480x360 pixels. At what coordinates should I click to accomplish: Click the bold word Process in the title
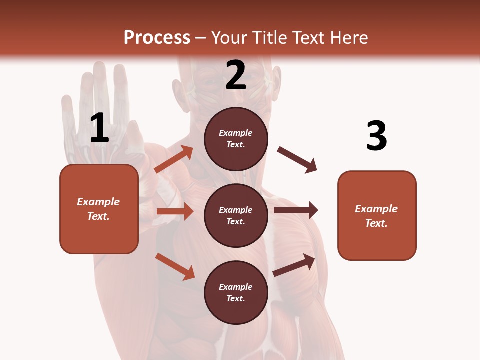coord(157,37)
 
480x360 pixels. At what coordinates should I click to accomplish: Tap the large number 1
coord(99,128)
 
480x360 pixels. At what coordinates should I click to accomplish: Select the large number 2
coord(236,75)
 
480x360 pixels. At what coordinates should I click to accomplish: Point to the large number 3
coord(376,136)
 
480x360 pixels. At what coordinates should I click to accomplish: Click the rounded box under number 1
coord(99,209)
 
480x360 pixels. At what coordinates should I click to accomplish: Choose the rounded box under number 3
coord(377,215)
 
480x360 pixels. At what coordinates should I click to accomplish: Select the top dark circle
coord(236,139)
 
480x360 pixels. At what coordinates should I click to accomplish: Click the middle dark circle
coord(236,215)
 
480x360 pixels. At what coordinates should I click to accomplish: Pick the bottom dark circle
coord(236,292)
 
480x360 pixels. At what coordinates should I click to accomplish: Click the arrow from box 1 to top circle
coord(174,159)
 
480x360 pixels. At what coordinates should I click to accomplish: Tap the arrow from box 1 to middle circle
coord(175,211)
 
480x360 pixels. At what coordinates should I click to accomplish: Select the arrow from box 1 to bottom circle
coord(175,266)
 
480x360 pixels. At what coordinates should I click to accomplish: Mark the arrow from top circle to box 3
coord(297,160)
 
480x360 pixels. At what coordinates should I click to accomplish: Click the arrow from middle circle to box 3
coord(296,210)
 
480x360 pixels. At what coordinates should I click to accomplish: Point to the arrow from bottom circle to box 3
coord(294,265)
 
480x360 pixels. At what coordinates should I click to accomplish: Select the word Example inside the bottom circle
coord(236,287)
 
